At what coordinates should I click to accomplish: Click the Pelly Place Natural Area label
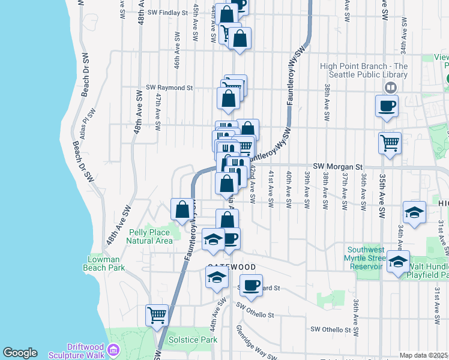[149, 236]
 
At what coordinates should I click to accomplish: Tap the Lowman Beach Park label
[106, 263]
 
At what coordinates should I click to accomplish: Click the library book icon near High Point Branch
[391, 88]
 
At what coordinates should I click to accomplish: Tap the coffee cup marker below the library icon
[387, 107]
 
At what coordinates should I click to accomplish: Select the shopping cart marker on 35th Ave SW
[390, 143]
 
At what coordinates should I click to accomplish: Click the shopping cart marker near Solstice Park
[157, 314]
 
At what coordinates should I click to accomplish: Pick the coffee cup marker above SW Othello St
[252, 285]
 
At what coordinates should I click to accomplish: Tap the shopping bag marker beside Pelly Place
[182, 209]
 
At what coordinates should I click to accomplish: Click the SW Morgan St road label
[339, 166]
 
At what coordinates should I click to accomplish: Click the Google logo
[20, 353]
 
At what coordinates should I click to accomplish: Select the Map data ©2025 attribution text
[423, 355]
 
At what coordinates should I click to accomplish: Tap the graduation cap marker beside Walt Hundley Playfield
[398, 262]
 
